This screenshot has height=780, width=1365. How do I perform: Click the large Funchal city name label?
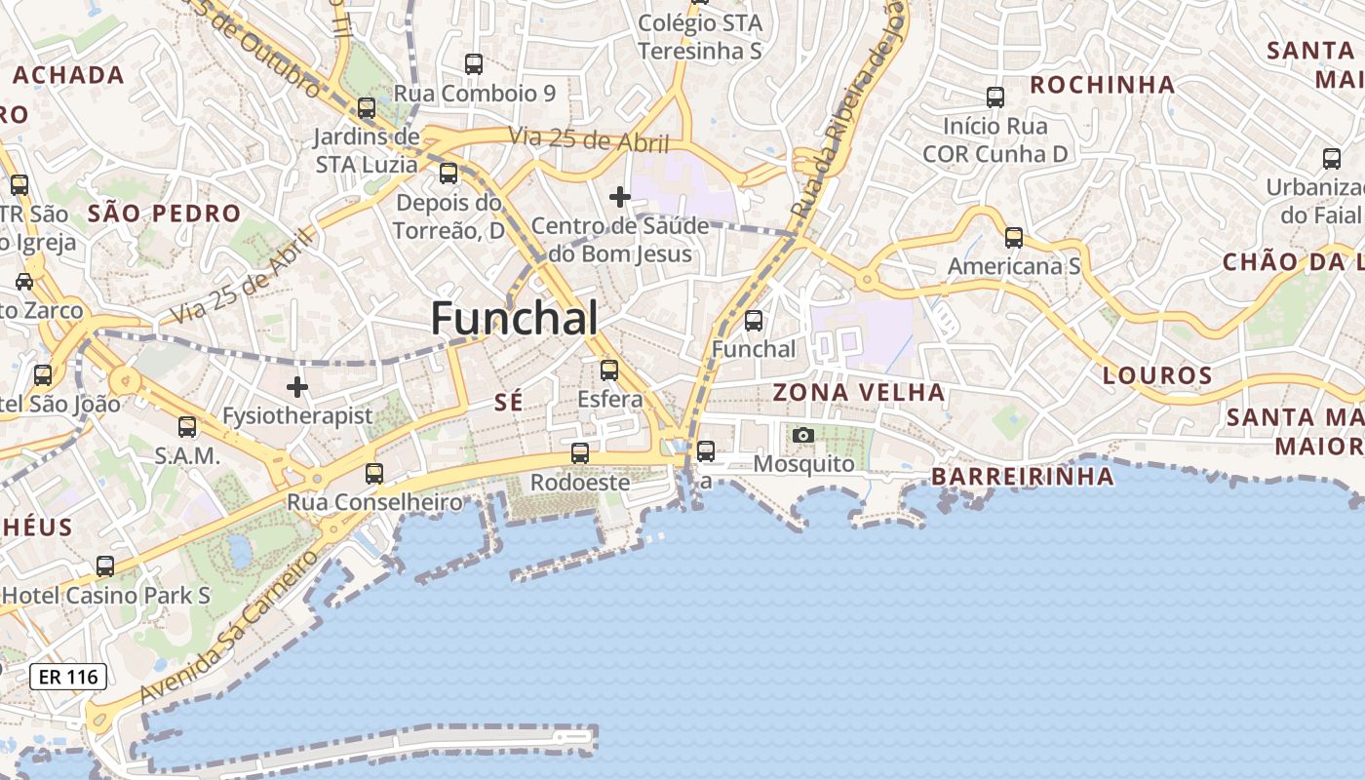(x=514, y=319)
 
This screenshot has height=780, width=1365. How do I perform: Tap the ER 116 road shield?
(x=68, y=676)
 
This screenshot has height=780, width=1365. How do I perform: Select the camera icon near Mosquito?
(x=802, y=435)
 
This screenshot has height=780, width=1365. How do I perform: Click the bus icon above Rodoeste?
(x=580, y=453)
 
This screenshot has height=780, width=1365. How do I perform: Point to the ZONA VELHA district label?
(x=858, y=393)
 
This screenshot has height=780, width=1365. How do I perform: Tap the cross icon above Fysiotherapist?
(x=297, y=388)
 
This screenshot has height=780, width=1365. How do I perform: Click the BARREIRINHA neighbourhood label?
(x=1022, y=477)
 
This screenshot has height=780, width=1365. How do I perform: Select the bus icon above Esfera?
(x=609, y=370)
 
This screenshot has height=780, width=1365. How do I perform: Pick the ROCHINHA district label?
(x=1102, y=85)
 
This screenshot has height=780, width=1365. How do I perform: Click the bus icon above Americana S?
(x=1014, y=238)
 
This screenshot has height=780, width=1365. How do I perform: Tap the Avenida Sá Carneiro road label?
(x=229, y=627)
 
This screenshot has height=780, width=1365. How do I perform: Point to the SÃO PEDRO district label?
(x=164, y=214)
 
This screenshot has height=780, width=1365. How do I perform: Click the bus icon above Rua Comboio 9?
(x=474, y=64)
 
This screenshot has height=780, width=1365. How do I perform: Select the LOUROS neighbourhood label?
(x=1157, y=375)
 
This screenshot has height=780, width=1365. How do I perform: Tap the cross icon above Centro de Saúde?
(x=619, y=198)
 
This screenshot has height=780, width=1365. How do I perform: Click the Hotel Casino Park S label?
(x=107, y=595)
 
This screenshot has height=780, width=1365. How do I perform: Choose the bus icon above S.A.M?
(x=187, y=427)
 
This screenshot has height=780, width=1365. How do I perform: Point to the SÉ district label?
(x=509, y=402)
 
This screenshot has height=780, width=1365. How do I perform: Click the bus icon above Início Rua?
(x=995, y=97)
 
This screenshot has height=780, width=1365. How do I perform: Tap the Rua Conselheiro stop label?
(x=374, y=502)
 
